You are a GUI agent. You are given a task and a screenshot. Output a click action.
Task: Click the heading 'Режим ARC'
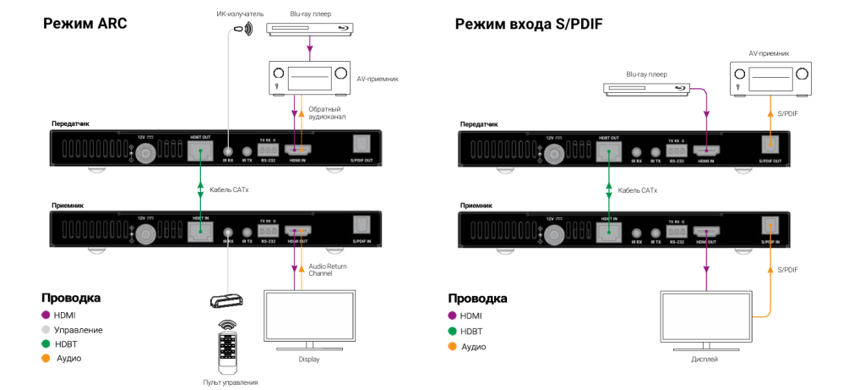click(x=84, y=24)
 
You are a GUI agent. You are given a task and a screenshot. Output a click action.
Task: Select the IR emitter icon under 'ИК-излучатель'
click(x=244, y=30)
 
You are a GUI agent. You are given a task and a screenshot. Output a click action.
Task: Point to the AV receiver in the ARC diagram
click(x=309, y=78)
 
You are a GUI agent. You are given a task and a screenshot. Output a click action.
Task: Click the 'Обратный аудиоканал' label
click(x=324, y=113)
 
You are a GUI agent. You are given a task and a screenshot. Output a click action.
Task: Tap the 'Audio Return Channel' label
click(x=327, y=270)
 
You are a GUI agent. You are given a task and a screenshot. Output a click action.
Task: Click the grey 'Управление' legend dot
click(x=46, y=330)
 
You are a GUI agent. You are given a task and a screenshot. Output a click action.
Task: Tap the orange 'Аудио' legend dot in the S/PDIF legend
click(x=452, y=346)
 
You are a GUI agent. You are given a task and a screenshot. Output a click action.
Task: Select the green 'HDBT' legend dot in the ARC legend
click(x=46, y=344)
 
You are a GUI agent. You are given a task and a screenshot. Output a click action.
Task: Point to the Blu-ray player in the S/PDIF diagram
click(x=647, y=89)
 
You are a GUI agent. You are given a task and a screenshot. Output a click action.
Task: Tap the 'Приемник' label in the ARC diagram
click(x=68, y=206)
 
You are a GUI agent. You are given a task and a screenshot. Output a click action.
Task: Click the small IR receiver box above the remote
click(x=226, y=301)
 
